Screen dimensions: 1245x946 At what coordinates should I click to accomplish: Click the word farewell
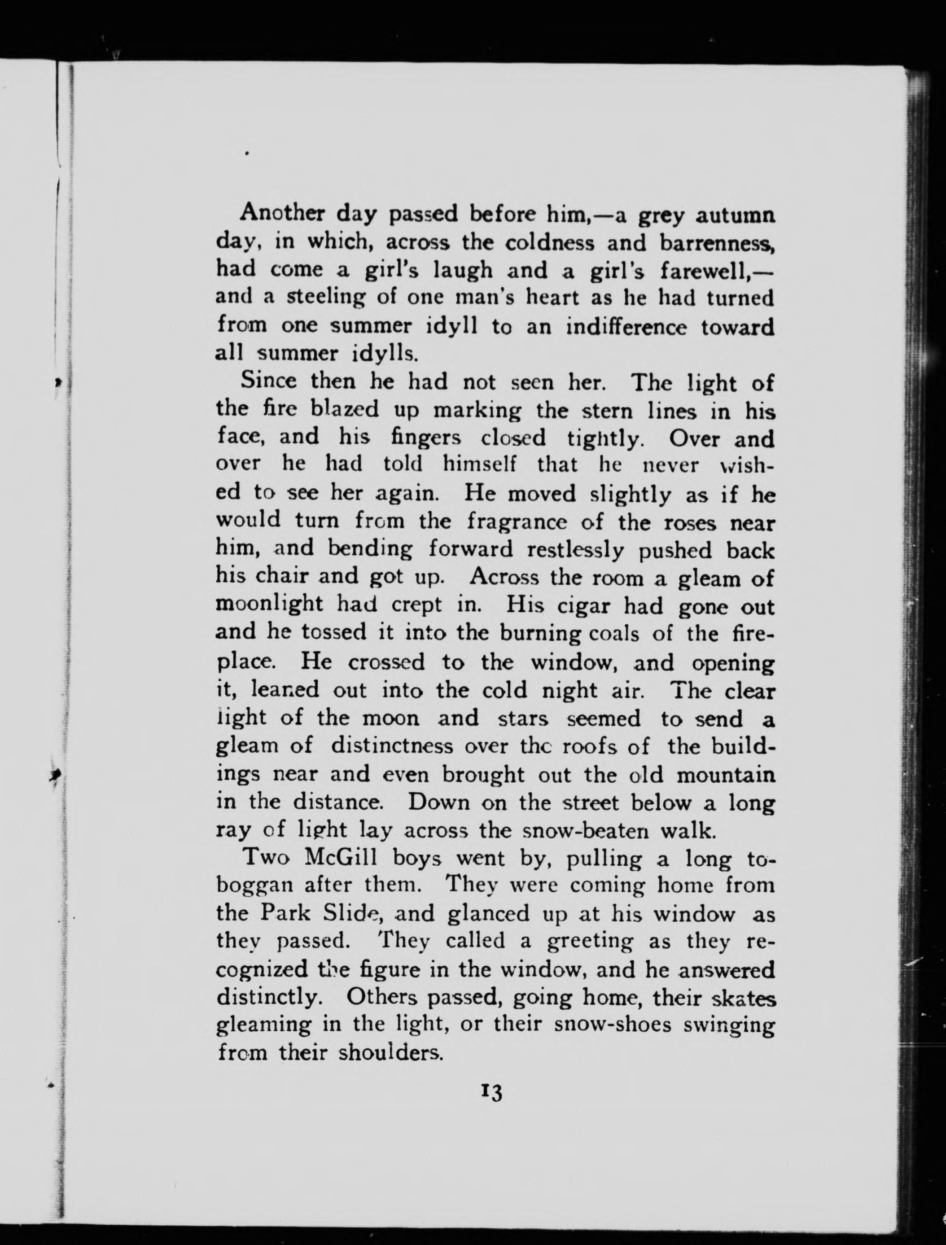(x=711, y=270)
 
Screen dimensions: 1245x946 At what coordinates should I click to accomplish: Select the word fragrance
(x=517, y=522)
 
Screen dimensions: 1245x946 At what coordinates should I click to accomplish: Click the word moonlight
(x=270, y=606)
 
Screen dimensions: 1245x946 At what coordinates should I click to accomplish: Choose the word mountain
(x=725, y=775)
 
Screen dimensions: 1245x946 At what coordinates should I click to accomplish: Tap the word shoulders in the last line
(x=391, y=1052)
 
